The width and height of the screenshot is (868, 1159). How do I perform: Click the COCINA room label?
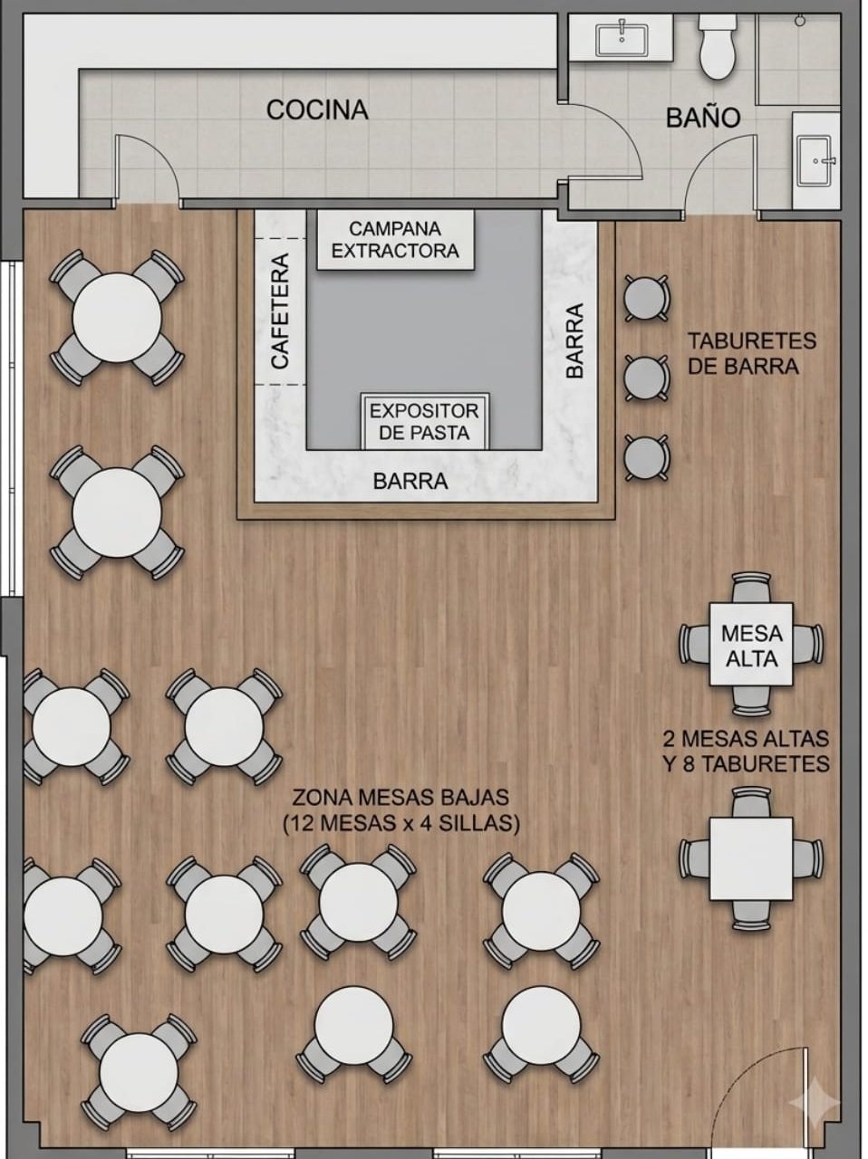click(x=317, y=110)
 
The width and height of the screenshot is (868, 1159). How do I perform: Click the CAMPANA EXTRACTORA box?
click(x=395, y=240)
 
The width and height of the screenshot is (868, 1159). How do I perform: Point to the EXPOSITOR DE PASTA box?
click(x=425, y=421)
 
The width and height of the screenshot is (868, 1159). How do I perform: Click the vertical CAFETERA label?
click(x=280, y=311)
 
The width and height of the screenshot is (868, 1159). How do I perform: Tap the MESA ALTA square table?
click(x=751, y=645)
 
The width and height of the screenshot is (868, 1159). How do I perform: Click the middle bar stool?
click(x=646, y=378)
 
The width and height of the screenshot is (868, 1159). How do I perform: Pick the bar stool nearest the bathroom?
click(x=646, y=298)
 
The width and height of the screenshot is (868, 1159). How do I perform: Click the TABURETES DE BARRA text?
click(x=752, y=353)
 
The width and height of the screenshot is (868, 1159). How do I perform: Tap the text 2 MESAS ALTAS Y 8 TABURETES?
click(x=747, y=752)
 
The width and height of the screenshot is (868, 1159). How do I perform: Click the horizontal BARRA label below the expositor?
click(x=410, y=481)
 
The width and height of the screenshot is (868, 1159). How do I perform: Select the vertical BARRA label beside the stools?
click(x=574, y=340)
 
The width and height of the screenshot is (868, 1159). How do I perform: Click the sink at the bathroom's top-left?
click(x=622, y=39)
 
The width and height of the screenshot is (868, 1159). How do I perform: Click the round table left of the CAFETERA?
click(x=117, y=318)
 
